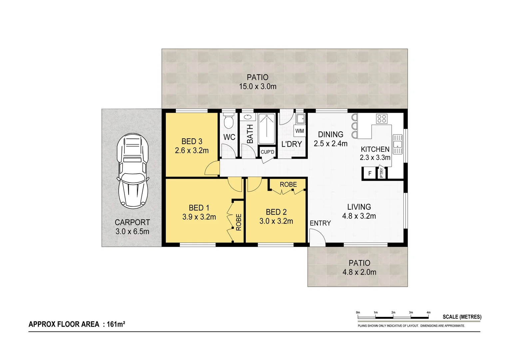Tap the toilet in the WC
[229, 122]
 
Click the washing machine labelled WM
[299, 131]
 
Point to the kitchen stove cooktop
[381, 118]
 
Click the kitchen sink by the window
[397, 144]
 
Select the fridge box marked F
[369, 173]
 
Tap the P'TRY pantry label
[382, 173]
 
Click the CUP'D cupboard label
[267, 152]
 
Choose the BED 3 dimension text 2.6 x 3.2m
[192, 151]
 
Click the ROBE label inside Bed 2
[288, 184]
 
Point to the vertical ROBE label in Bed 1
[239, 222]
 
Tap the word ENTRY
[320, 223]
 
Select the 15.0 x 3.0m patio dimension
[257, 86]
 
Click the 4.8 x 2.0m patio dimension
[359, 272]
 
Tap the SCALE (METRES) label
[462, 317]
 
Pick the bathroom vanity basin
[248, 117]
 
